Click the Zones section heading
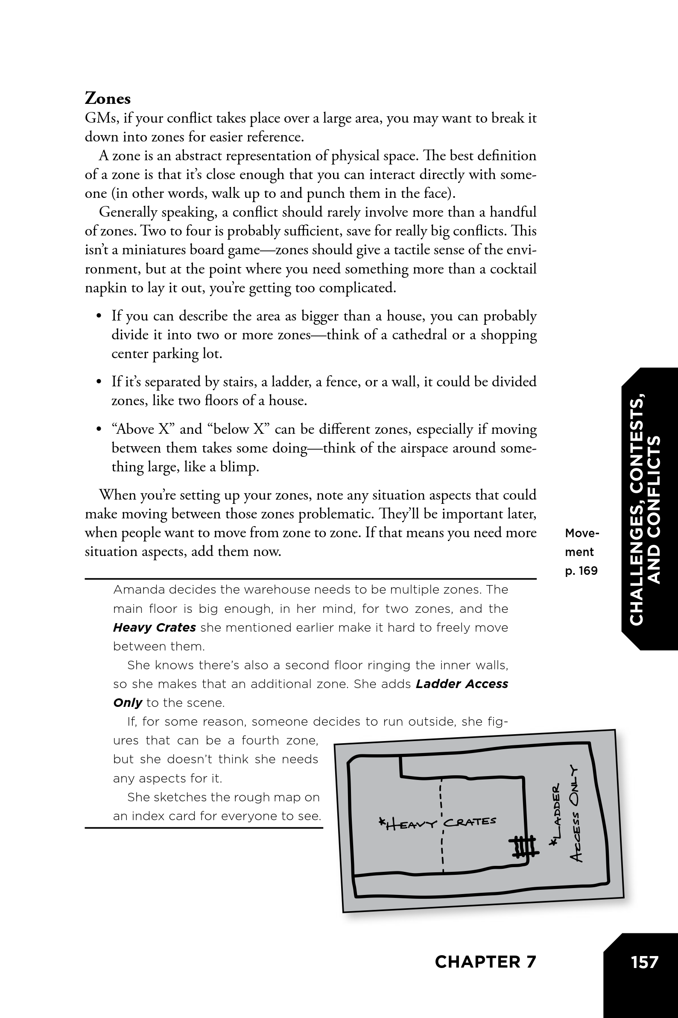108,99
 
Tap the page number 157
644,962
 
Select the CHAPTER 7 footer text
485,962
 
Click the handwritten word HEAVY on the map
408,824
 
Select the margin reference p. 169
581,571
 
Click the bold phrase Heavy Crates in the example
155,627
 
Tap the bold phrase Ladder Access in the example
462,684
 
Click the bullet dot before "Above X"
99,430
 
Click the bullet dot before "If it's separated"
99,382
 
